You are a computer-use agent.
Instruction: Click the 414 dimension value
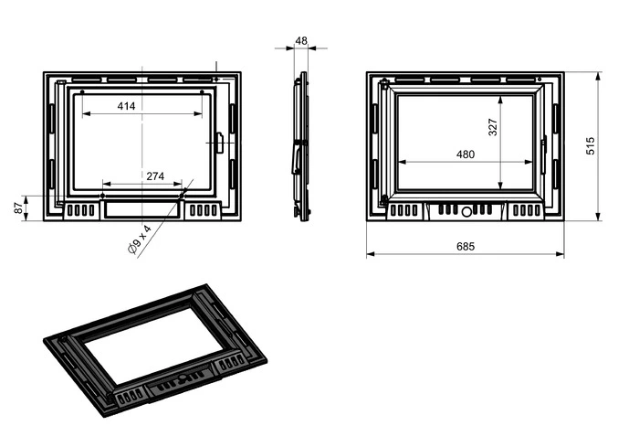(x=126, y=106)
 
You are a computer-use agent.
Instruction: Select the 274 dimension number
(x=155, y=176)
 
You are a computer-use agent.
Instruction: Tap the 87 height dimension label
(x=19, y=208)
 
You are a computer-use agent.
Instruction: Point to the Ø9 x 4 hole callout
(x=140, y=239)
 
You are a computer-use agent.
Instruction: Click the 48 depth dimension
(x=301, y=41)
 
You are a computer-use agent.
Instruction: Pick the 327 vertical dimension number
(x=493, y=127)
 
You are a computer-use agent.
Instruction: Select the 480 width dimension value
(x=466, y=154)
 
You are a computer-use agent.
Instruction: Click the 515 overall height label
(x=590, y=146)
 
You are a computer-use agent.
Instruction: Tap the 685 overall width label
(x=466, y=246)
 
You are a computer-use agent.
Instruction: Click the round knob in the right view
(x=466, y=211)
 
